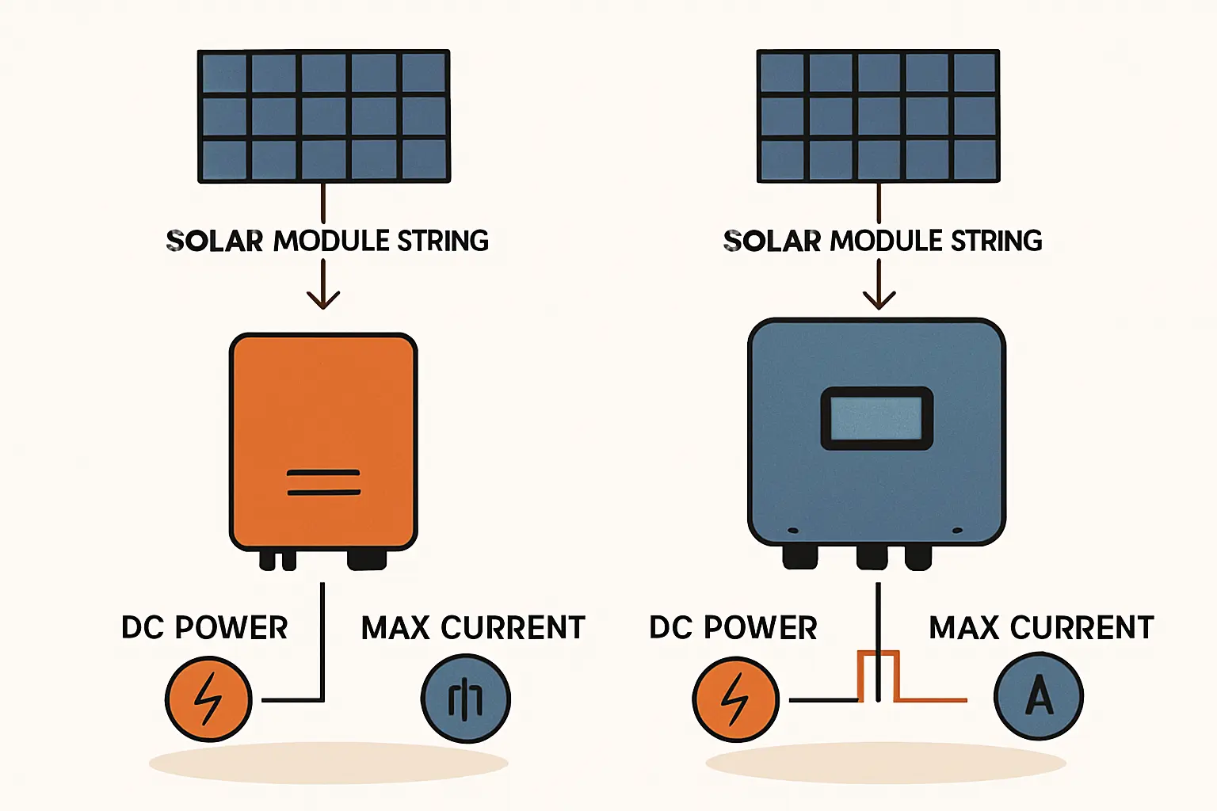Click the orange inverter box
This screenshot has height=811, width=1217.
(322, 412)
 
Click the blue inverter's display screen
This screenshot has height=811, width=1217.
(876, 418)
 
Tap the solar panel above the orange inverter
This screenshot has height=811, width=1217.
(323, 116)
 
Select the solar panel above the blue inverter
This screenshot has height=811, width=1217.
(878, 116)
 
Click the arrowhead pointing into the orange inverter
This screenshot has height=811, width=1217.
(323, 299)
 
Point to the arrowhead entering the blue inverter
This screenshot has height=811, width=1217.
(879, 299)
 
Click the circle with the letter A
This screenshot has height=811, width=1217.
(1038, 697)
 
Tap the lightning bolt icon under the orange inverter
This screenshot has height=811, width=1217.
(208, 699)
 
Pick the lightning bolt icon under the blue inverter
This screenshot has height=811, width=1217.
(735, 699)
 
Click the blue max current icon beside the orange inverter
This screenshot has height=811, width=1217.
(465, 699)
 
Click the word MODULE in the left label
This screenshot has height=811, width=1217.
(331, 241)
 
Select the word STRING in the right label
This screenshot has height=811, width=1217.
(996, 241)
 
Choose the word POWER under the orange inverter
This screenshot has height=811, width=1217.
(231, 628)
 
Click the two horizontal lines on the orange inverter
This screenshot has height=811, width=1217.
(323, 482)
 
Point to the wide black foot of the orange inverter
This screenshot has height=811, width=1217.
(366, 560)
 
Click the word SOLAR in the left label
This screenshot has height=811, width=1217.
(214, 241)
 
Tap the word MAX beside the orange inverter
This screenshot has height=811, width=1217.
(395, 628)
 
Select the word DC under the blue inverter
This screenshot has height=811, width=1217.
(672, 628)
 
